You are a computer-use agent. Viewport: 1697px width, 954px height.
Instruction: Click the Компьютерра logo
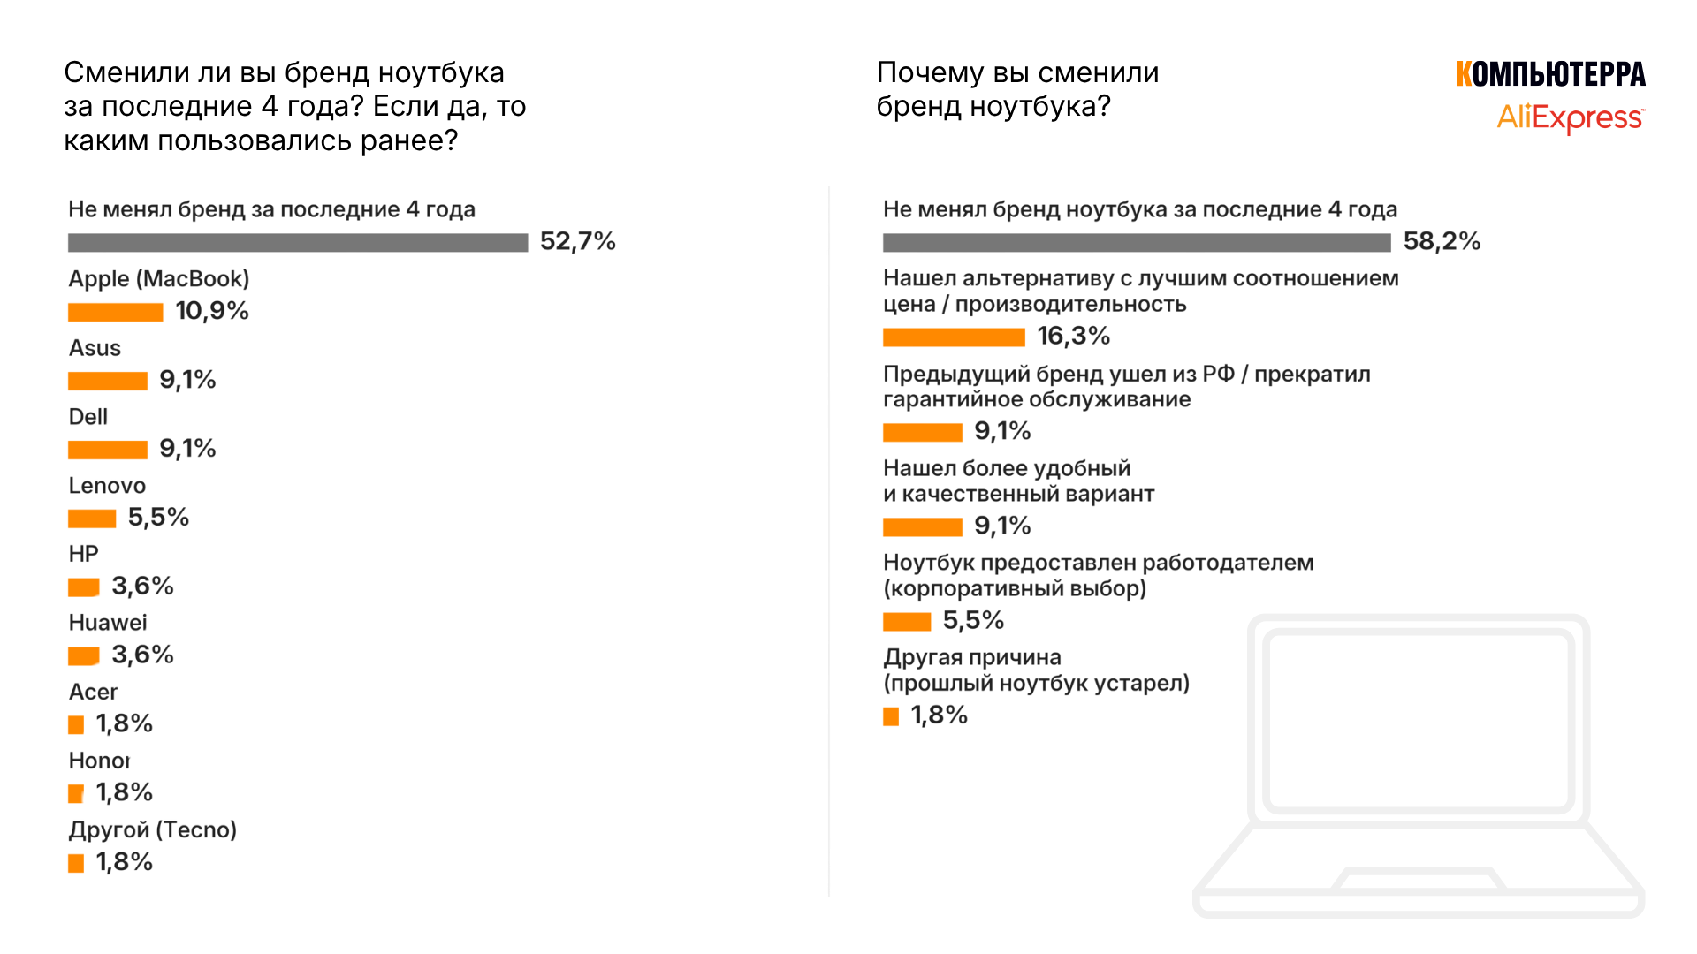(x=1550, y=74)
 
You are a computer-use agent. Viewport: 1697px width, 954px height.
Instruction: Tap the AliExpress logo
(x=1571, y=117)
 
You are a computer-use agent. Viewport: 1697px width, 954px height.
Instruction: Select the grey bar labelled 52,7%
(x=298, y=242)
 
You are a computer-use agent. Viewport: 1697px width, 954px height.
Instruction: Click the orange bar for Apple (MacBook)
(x=116, y=312)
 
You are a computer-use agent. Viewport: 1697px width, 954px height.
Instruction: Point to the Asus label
(x=95, y=348)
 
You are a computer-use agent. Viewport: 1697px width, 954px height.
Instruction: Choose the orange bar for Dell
(x=108, y=450)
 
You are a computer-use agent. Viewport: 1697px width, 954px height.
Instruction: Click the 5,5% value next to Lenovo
(x=158, y=518)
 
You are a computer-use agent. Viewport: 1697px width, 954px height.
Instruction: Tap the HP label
(x=84, y=554)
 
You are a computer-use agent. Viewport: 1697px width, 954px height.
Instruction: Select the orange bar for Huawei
(x=84, y=656)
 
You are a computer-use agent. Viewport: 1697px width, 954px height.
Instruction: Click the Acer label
(x=93, y=692)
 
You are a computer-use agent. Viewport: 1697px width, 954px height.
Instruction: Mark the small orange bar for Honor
(x=76, y=794)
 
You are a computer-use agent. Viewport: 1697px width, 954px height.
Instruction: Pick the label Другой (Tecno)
(x=153, y=830)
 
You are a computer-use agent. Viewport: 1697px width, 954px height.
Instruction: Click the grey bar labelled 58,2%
(x=1137, y=242)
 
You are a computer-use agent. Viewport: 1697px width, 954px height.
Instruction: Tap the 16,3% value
(x=1073, y=336)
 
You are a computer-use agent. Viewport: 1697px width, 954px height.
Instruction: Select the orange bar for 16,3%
(x=954, y=337)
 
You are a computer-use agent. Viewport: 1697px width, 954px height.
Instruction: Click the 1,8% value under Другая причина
(x=939, y=715)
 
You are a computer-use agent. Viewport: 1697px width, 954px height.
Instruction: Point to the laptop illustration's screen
(x=1419, y=720)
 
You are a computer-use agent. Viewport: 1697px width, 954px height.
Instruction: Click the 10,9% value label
(x=212, y=311)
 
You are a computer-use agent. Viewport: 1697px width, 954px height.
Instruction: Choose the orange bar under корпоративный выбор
(x=907, y=622)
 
